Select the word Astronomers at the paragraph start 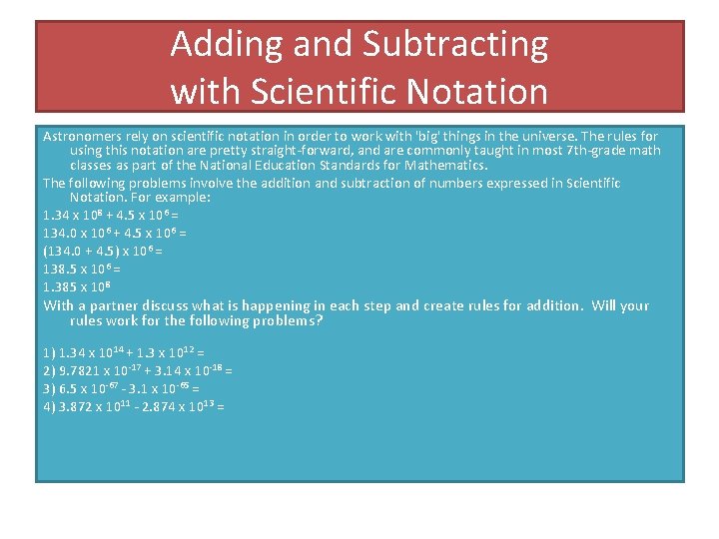coord(83,135)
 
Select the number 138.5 coord(63,269)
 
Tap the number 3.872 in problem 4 coord(81,406)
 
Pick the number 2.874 coord(163,406)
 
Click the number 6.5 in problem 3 coord(71,388)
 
